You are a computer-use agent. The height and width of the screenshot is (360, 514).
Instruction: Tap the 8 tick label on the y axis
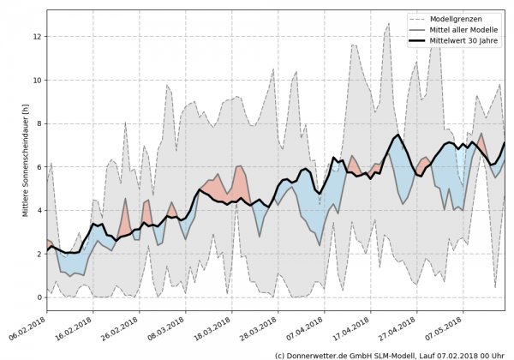pyautogui.click(x=39, y=124)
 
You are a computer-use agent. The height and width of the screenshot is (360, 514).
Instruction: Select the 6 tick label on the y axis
pyautogui.click(x=39, y=167)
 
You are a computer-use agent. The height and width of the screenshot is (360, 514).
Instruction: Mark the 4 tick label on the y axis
pyautogui.click(x=39, y=211)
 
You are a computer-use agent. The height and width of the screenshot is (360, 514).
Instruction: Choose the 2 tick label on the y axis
pyautogui.click(x=39, y=254)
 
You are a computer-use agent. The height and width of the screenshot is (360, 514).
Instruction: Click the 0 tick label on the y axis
pyautogui.click(x=39, y=297)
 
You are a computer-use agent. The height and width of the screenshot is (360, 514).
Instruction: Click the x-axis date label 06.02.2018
pyautogui.click(x=28, y=329)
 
